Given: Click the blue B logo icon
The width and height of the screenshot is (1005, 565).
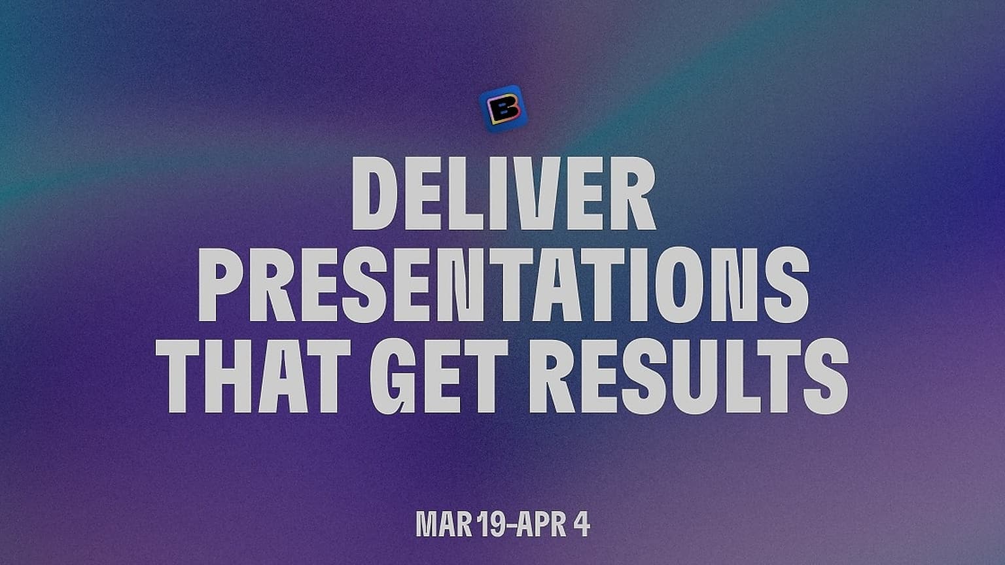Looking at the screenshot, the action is tap(503, 109).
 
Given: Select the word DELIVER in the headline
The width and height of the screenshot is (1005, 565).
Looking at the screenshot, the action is tap(504, 194).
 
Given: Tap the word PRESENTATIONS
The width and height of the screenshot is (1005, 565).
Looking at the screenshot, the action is tap(503, 284).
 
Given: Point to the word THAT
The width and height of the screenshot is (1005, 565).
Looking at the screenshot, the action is tap(253, 376).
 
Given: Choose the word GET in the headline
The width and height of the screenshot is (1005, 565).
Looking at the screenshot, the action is tap(439, 376).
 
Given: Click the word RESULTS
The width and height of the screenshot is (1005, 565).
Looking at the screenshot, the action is tap(689, 376).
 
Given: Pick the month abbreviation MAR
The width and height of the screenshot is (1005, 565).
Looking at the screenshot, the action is tap(444, 524).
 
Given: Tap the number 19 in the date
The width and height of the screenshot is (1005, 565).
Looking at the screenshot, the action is tap(491, 524).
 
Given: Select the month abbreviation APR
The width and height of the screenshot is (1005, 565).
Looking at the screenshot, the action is tap(541, 524).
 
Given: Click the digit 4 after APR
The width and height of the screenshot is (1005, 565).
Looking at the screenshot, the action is tap(581, 524).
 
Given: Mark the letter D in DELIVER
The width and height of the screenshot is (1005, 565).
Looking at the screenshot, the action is tap(375, 194).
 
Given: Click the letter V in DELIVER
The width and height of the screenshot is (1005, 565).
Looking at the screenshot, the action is tap(538, 194).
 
